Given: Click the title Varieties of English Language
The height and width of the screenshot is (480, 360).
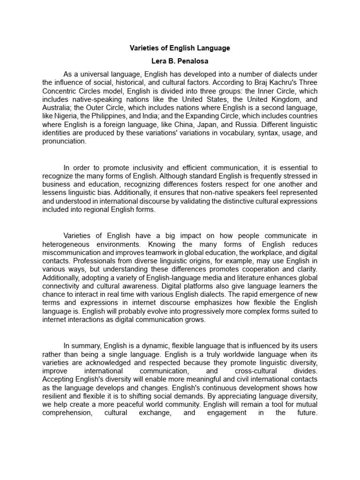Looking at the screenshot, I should [180, 48].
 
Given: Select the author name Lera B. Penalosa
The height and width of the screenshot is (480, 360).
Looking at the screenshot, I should [180, 61].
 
